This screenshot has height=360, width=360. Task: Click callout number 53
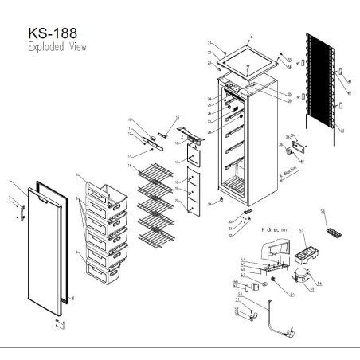click(x=302, y=231)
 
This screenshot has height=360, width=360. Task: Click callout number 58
click(x=323, y=212)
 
